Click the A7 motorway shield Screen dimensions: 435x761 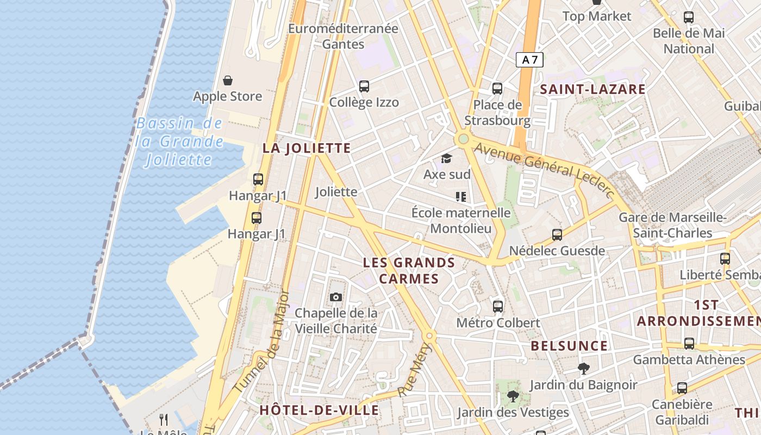[529, 60]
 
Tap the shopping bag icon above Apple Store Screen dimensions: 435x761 [228, 80]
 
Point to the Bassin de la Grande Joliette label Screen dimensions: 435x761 [179, 141]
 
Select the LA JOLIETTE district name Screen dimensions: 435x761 [307, 148]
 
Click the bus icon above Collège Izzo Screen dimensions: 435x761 [364, 86]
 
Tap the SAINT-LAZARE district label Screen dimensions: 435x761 [592, 89]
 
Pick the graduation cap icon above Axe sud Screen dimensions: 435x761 [446, 158]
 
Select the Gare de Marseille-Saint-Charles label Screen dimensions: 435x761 [673, 225]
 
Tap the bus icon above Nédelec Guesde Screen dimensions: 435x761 [557, 235]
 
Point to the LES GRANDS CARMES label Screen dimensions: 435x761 [409, 271]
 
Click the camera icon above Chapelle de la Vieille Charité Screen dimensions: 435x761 [336, 297]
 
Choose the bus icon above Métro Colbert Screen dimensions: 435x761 [498, 306]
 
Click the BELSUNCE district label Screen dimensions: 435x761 [569, 346]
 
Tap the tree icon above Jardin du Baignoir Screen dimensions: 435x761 [584, 369]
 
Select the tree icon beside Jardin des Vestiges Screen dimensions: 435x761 [512, 396]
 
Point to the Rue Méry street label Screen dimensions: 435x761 [414, 370]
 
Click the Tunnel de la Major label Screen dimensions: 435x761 [262, 341]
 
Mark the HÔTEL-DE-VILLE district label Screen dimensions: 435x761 [319, 410]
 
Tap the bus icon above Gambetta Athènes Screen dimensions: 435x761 [689, 344]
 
